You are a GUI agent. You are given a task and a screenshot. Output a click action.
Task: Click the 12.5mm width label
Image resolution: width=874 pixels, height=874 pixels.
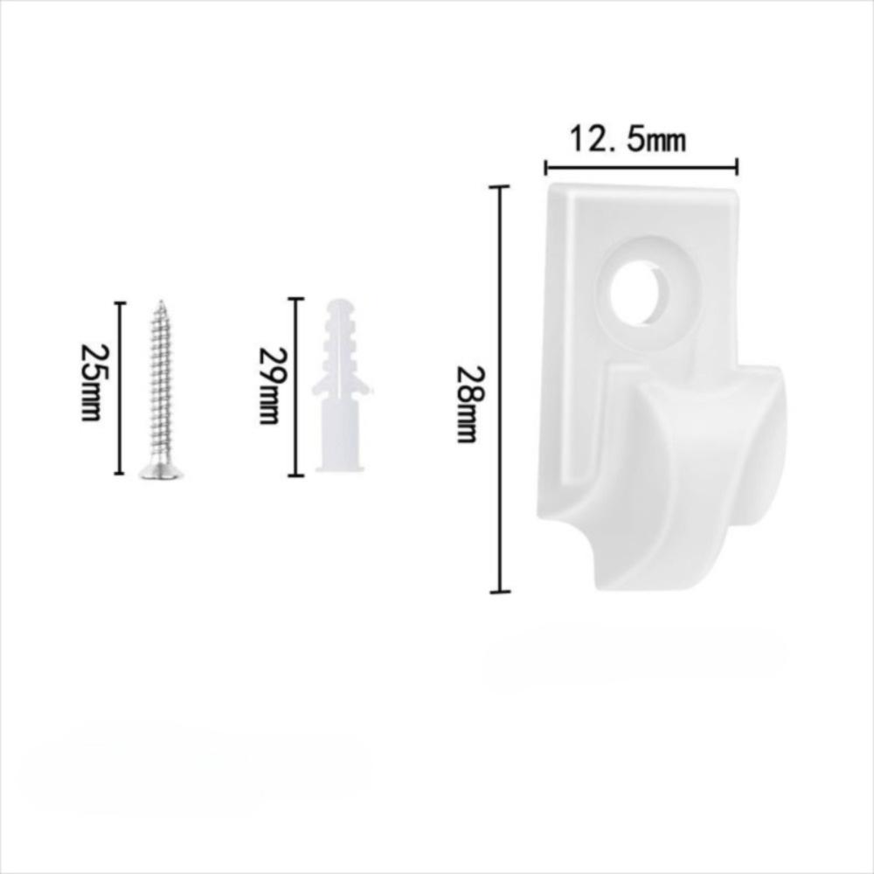pos(627,139)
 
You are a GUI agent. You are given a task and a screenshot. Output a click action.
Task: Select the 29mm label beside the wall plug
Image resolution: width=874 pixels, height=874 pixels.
pos(273,385)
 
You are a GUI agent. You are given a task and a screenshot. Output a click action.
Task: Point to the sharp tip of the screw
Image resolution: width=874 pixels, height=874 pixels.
pos(161,302)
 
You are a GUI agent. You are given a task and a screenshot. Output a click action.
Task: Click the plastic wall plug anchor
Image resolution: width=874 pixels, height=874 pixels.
pos(341,385)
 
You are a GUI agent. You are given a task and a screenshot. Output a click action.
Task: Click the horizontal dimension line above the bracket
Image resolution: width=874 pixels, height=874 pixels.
pos(642,167)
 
